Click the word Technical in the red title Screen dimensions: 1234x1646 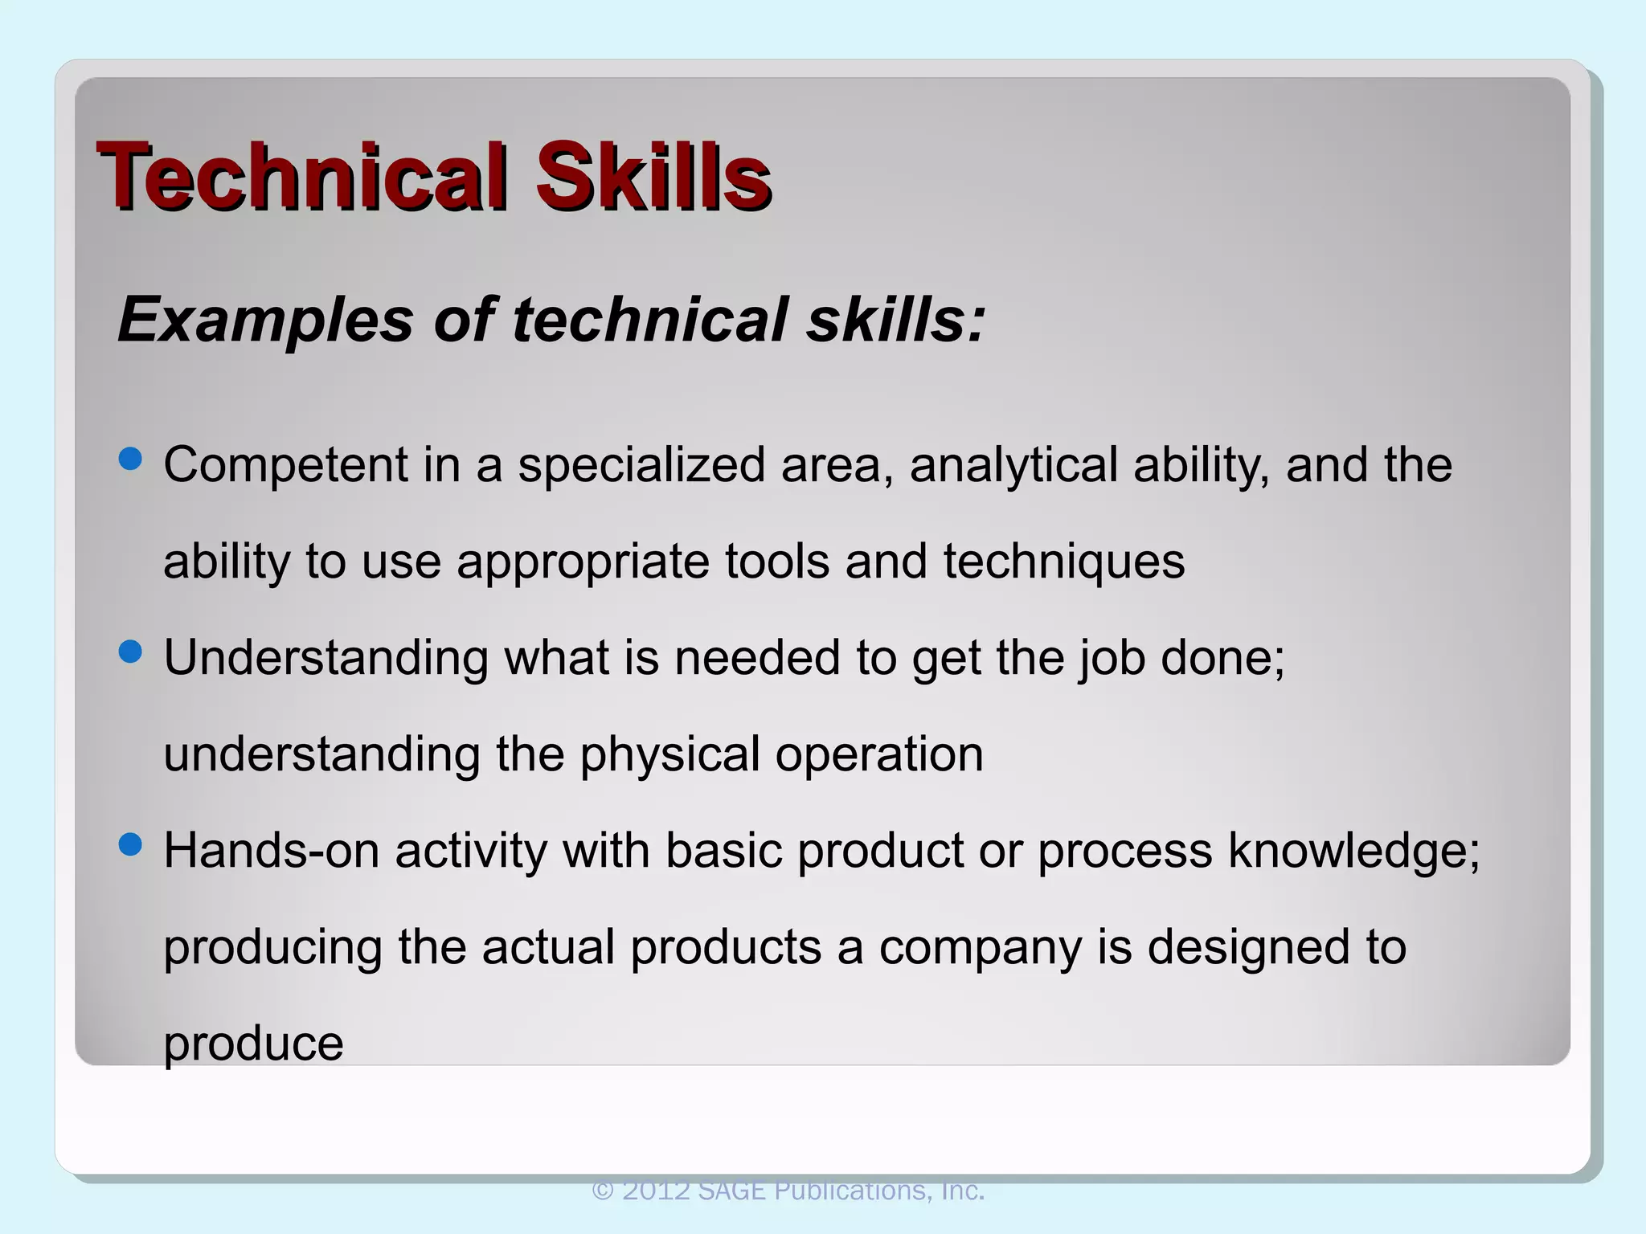pos(301,176)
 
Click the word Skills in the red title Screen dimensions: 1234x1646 pos(653,176)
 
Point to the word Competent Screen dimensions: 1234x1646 pos(285,465)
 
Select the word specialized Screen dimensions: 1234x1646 pos(641,465)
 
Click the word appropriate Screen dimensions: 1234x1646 pos(583,562)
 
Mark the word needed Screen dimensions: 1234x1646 pos(756,658)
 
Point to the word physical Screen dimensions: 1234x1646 pos(669,754)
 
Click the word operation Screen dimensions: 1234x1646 pos(879,754)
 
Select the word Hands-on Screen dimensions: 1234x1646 pos(271,851)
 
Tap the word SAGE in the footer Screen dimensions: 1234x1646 pos(731,1190)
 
